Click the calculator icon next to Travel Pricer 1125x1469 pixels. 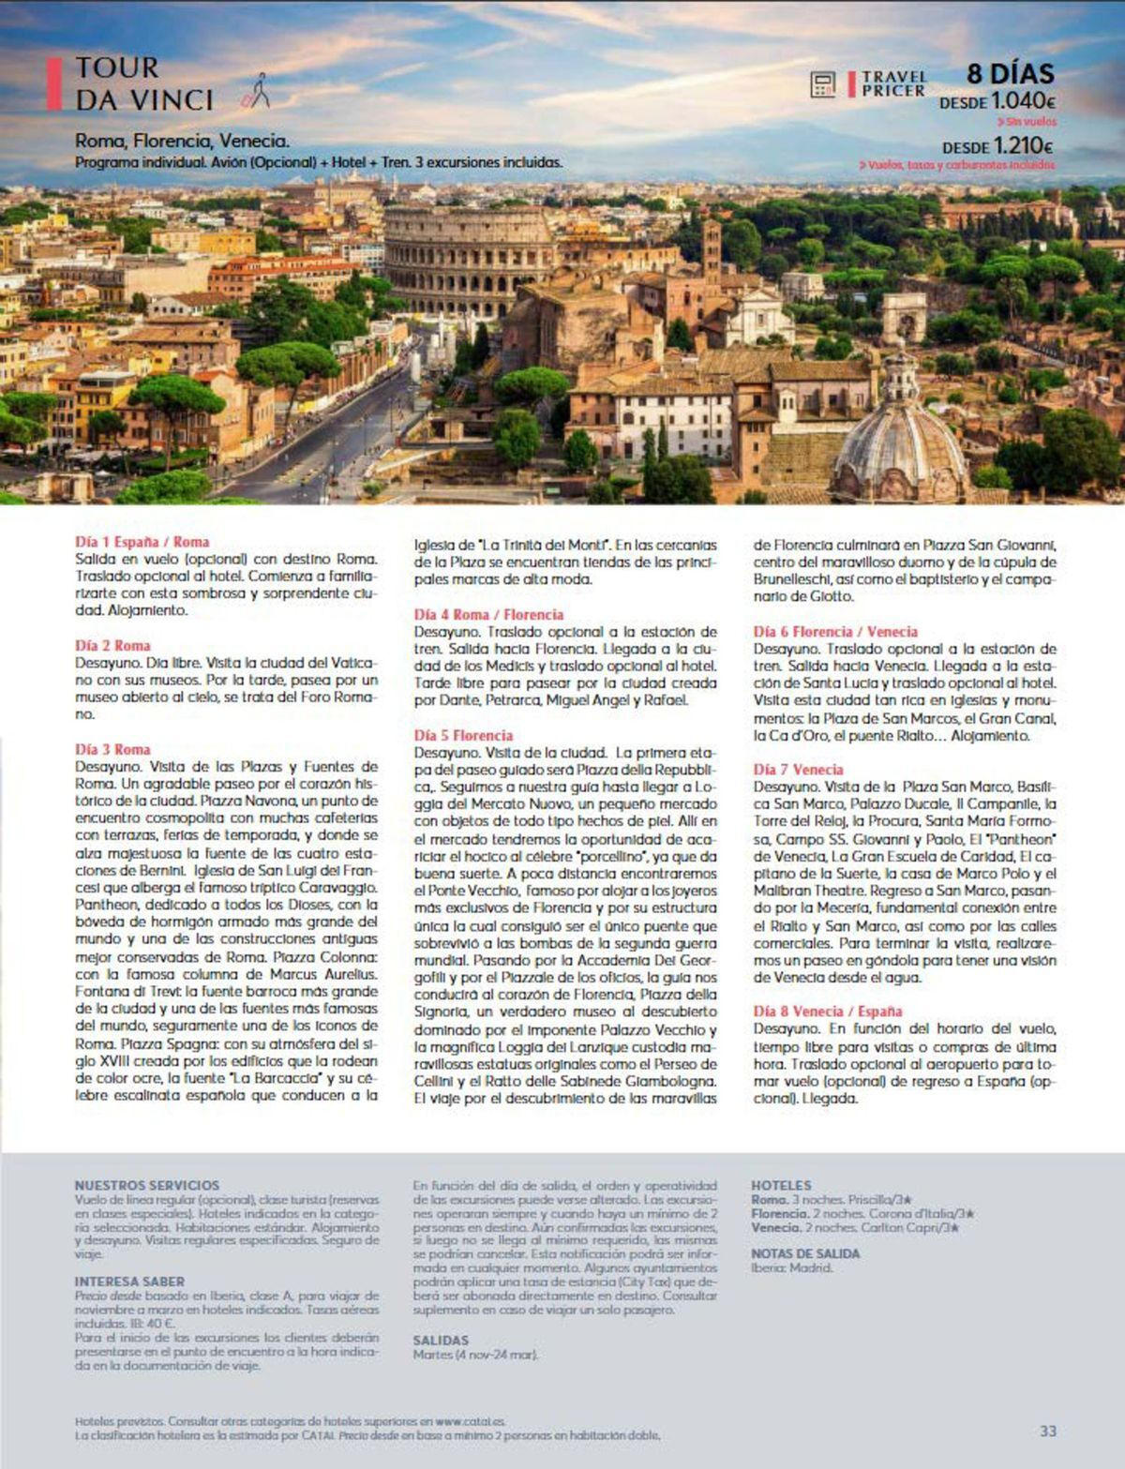click(823, 84)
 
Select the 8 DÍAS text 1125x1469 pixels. click(1010, 73)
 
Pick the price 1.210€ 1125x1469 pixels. click(1023, 146)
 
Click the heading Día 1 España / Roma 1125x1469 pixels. click(142, 542)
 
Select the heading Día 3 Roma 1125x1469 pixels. click(112, 749)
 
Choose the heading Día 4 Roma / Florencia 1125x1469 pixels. click(488, 615)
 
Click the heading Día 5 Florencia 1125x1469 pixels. click(463, 736)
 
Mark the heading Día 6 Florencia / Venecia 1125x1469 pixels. click(835, 632)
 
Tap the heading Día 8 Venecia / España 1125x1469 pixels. click(828, 1012)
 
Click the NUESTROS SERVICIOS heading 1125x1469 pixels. click(146, 1186)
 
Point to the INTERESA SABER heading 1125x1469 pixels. click(129, 1282)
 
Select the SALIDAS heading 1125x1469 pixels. click(441, 1341)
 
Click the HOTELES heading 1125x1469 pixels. click(781, 1186)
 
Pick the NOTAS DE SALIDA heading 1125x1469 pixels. click(805, 1253)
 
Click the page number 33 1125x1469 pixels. click(1048, 1432)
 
